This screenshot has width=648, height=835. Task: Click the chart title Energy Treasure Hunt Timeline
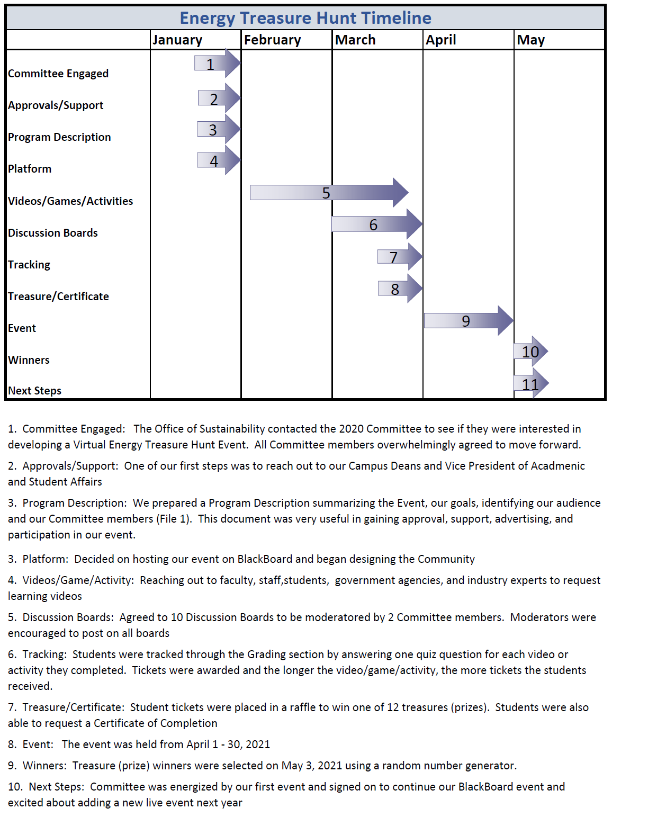click(x=305, y=18)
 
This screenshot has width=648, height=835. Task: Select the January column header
click(x=177, y=40)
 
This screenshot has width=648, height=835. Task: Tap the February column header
click(x=272, y=40)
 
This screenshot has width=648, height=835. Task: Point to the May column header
click(x=530, y=40)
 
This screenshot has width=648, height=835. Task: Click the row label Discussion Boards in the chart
click(x=53, y=233)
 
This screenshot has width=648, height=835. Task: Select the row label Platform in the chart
click(x=30, y=169)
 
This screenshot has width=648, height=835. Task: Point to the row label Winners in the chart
click(x=29, y=360)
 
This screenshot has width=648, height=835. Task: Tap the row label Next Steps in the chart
click(x=34, y=391)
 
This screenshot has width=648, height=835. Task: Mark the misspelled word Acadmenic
click(x=557, y=466)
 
